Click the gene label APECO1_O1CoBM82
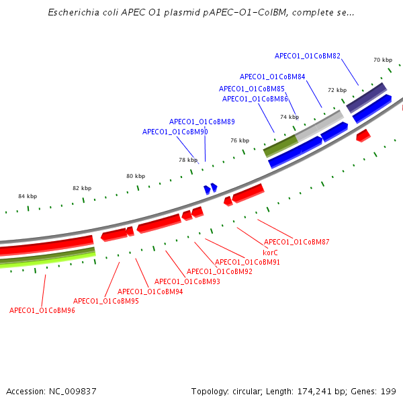[308, 56]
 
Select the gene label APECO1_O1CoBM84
[272, 77]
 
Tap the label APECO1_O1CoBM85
[252, 89]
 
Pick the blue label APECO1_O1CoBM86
[255, 99]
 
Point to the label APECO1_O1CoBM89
[202, 122]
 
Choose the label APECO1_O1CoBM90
[175, 132]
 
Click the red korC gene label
[270, 253]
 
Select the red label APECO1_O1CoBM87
[297, 242]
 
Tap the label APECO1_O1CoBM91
[248, 262]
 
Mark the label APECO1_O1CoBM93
[187, 281]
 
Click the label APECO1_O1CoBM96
[42, 310]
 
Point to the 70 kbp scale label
[382, 60]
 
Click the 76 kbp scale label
[240, 140]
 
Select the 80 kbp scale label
[136, 176]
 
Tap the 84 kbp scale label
[28, 196]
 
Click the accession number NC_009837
[72, 391]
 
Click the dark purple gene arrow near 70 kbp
[366, 98]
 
